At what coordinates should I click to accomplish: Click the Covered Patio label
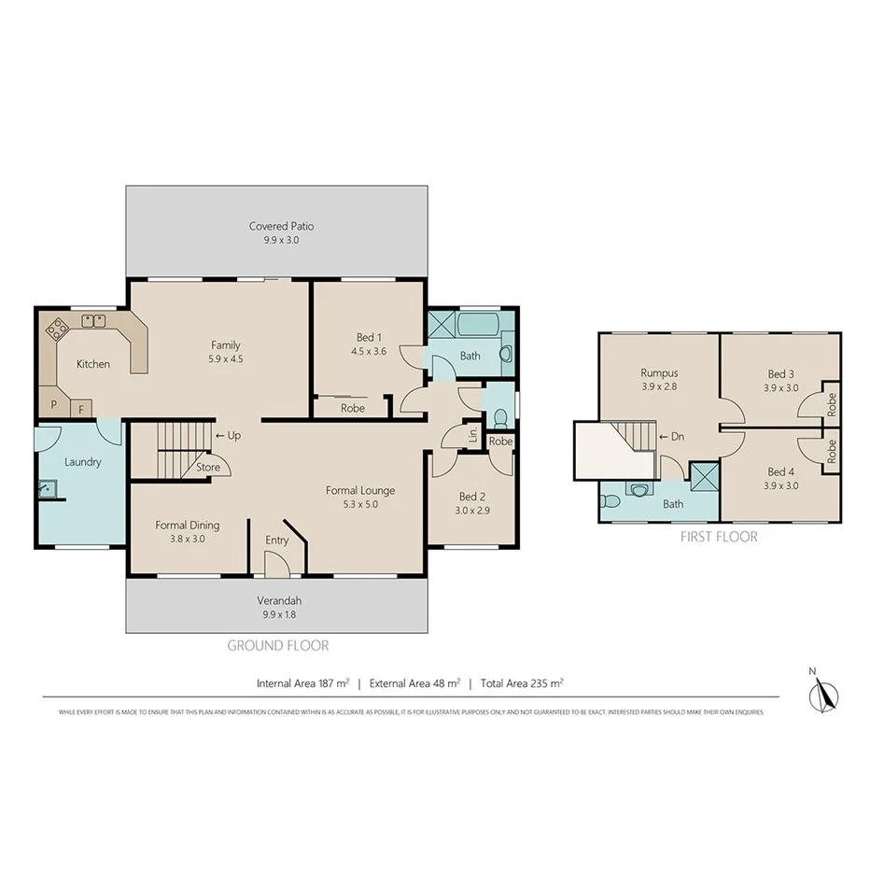[281, 226]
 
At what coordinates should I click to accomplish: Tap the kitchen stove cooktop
[59, 328]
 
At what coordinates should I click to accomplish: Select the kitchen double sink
[93, 321]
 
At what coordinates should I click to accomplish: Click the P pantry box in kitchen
[54, 406]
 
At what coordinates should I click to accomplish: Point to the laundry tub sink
[48, 488]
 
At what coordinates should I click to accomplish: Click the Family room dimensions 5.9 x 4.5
[225, 358]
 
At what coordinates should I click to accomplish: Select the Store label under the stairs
[208, 467]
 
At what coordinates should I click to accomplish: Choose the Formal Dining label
[188, 525]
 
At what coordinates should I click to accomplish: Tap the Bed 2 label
[472, 497]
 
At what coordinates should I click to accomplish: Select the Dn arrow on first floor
[671, 436]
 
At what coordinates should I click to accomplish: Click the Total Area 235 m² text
[523, 683]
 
